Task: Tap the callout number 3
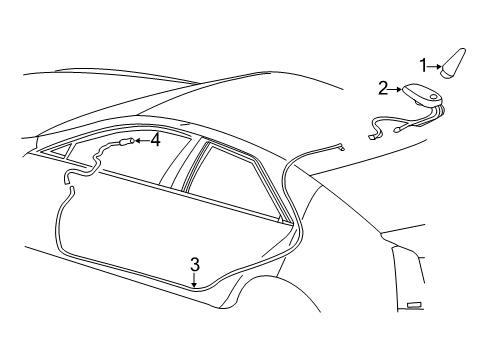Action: pyautogui.click(x=195, y=265)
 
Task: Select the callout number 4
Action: pyautogui.click(x=155, y=141)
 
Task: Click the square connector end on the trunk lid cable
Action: pyautogui.click(x=340, y=146)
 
